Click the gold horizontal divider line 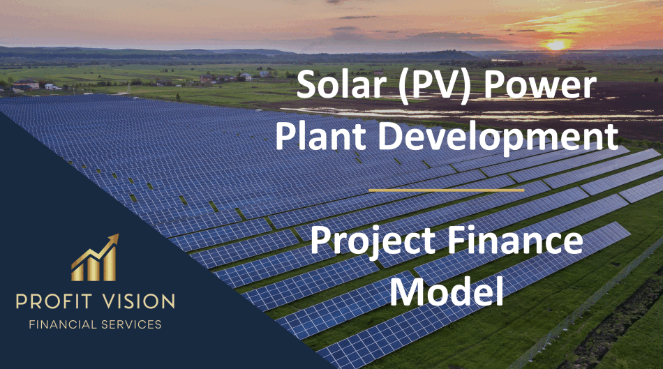pos(446,189)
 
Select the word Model pos(447,291)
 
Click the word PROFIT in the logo pos(57,302)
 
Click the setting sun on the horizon pos(556,45)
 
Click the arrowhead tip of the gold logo pos(115,237)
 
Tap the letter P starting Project pos(320,241)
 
